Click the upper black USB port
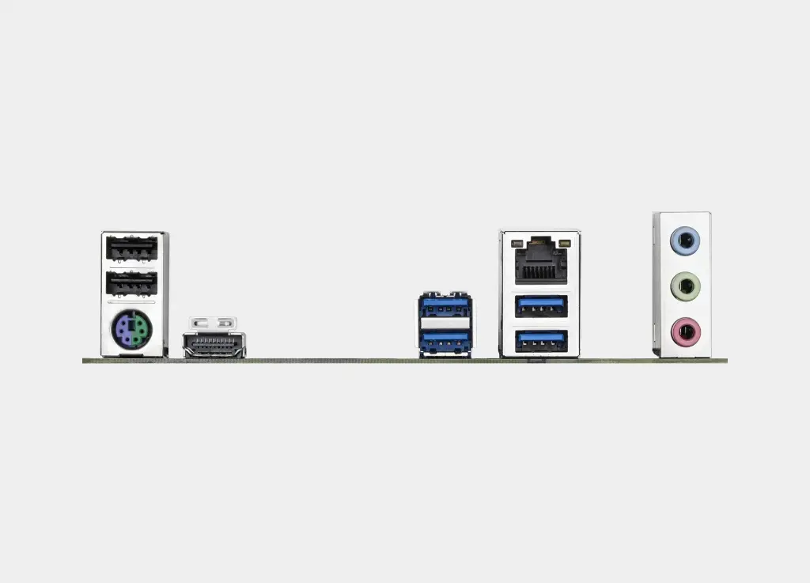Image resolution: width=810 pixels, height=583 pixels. [x=132, y=250]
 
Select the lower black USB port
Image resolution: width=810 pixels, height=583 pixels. [x=132, y=282]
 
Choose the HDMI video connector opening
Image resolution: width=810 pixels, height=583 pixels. [x=214, y=345]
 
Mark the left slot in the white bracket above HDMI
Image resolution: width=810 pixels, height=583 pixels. [x=202, y=323]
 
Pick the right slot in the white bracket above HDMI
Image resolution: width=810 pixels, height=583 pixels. [x=225, y=323]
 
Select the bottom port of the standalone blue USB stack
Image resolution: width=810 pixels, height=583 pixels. [x=445, y=339]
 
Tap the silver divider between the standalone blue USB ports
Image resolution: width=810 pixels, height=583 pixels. [x=445, y=323]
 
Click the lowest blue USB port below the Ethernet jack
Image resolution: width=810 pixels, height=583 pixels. [x=541, y=340]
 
